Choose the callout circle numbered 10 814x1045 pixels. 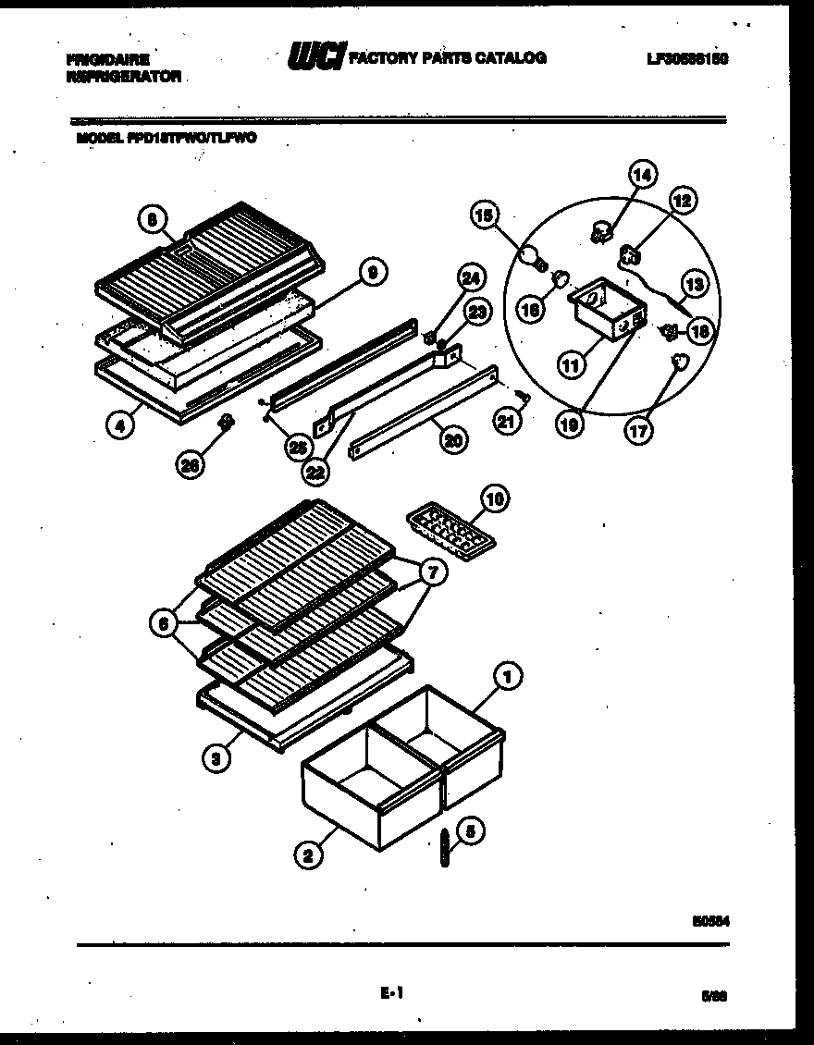(495, 500)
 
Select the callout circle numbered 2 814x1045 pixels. (310, 856)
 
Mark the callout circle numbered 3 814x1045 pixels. (216, 759)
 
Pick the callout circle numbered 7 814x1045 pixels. (432, 573)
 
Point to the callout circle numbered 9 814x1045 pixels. (372, 272)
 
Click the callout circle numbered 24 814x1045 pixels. (470, 277)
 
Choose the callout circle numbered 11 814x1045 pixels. (571, 364)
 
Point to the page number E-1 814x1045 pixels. (391, 993)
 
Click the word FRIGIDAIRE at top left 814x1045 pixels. (108, 58)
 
